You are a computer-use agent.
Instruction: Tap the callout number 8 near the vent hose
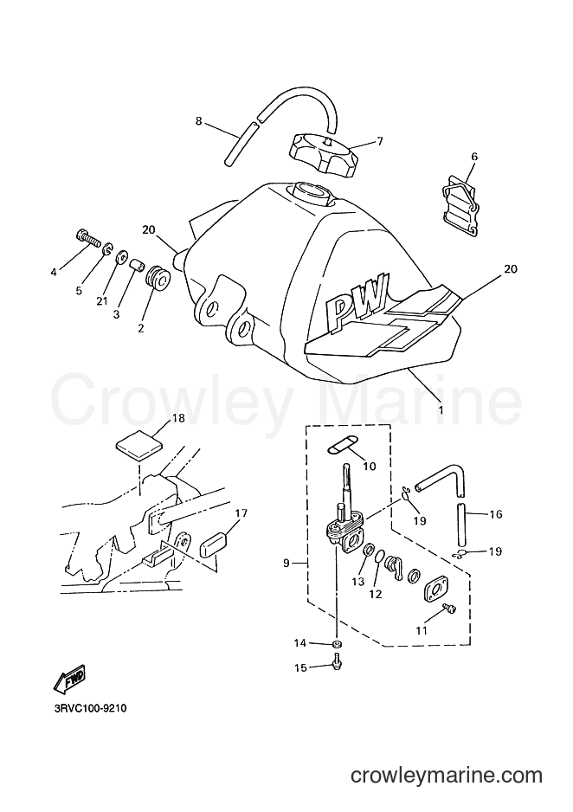[x=199, y=122]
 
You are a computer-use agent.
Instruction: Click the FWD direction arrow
[x=70, y=679]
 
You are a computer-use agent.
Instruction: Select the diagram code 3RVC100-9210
[x=90, y=708]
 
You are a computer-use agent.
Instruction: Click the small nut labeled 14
[x=337, y=644]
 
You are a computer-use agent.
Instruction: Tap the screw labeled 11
[x=451, y=609]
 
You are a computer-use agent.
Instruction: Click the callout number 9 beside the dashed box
[x=286, y=564]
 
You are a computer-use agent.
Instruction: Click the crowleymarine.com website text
[x=446, y=776]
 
